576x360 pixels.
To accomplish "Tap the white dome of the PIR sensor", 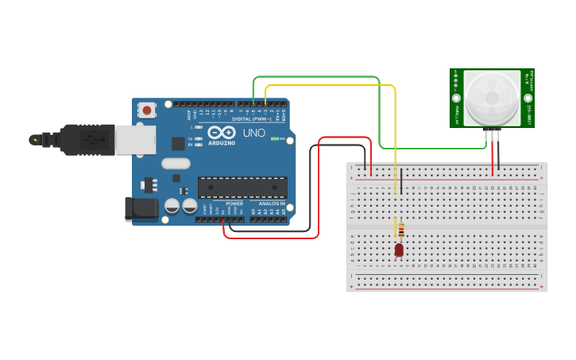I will pyautogui.click(x=491, y=99).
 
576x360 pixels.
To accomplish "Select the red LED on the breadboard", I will pyautogui.click(x=399, y=250).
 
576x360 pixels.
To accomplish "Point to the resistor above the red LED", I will pyautogui.click(x=401, y=230).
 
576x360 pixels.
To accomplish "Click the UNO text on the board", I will pyautogui.click(x=253, y=133).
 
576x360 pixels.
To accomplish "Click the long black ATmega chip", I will pyautogui.click(x=242, y=187).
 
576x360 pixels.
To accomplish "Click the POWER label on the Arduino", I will pyautogui.click(x=234, y=203).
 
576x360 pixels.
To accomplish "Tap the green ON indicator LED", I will pyautogui.click(x=275, y=138).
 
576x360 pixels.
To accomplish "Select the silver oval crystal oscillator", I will pyautogui.click(x=176, y=164).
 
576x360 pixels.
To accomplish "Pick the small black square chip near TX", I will pyautogui.click(x=178, y=143).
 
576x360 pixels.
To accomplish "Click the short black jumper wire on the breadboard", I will pyautogui.click(x=401, y=181).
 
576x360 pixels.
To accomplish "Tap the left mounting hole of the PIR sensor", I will pyautogui.click(x=458, y=99).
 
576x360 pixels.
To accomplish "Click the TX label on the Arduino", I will pyautogui.click(x=191, y=137).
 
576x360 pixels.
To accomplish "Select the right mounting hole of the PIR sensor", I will pyautogui.click(x=528, y=99).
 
